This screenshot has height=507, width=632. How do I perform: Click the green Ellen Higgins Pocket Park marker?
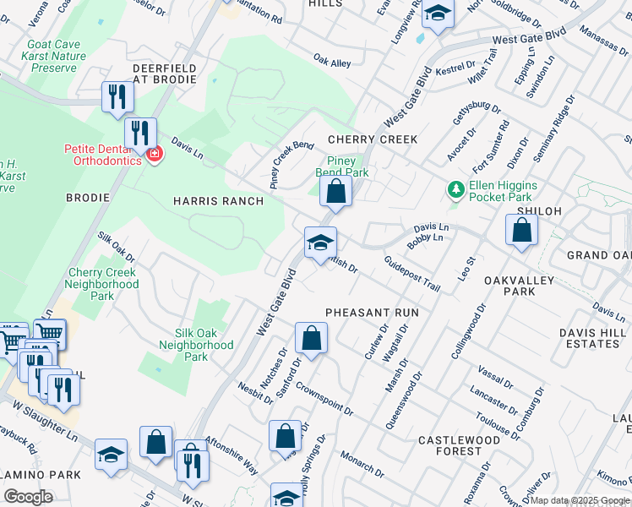pyautogui.click(x=456, y=189)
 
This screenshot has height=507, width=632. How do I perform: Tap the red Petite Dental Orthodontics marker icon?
pyautogui.click(x=154, y=154)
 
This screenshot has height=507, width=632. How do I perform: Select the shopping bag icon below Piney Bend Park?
pyautogui.click(x=336, y=191)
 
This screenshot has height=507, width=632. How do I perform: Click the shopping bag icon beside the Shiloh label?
pyautogui.click(x=522, y=230)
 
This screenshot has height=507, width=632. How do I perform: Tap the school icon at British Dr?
pyautogui.click(x=321, y=243)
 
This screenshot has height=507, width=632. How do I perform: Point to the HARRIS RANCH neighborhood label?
pyautogui.click(x=218, y=201)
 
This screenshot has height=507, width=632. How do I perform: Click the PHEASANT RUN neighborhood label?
pyautogui.click(x=373, y=312)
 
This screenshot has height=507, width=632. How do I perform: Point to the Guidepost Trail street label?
pyautogui.click(x=412, y=275)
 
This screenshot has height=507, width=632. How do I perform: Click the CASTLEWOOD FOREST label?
pyautogui.click(x=460, y=446)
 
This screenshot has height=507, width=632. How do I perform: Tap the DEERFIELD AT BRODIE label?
pyautogui.click(x=165, y=74)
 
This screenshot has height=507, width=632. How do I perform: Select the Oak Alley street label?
pyautogui.click(x=332, y=62)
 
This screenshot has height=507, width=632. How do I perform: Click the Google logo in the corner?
pyautogui.click(x=28, y=496)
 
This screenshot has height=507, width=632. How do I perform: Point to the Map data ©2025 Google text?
pyautogui.click(x=579, y=500)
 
